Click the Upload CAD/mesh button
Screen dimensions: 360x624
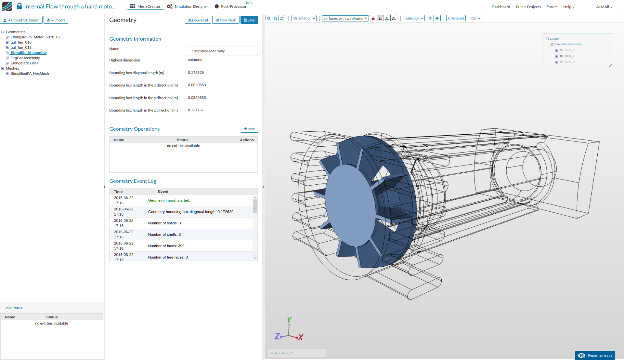[x=21, y=20]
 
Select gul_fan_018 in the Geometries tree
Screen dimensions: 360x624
[x=21, y=47]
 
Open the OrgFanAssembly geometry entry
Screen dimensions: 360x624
[x=25, y=58]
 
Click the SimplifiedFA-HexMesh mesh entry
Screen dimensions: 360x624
[x=30, y=73]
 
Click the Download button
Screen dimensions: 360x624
[x=198, y=20]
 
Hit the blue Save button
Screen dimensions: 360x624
[x=249, y=20]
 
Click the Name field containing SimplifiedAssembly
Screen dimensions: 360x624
[x=223, y=51]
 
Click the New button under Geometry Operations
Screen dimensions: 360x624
[x=249, y=129]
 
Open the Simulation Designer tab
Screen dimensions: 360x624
[x=188, y=7]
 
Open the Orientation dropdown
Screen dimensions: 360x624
[x=304, y=18]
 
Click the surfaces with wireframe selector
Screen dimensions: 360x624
[x=345, y=19]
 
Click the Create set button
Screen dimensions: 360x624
[x=456, y=18]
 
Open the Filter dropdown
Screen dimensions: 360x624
[x=474, y=18]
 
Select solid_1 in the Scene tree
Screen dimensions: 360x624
[x=569, y=56]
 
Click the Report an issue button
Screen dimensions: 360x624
[x=595, y=355]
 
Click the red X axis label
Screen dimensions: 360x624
[x=301, y=338]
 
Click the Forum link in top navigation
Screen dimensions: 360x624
[x=552, y=7]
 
